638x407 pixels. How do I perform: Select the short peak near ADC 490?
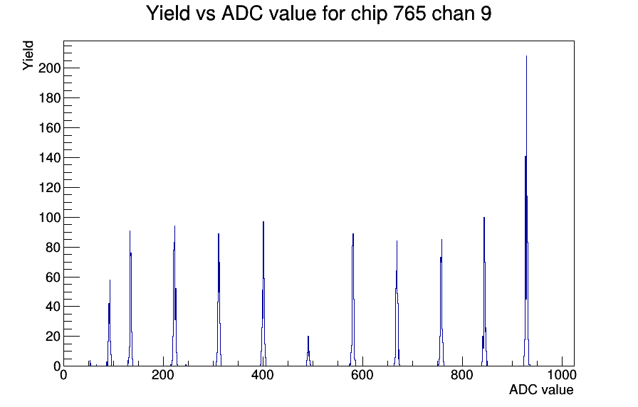(x=308, y=351)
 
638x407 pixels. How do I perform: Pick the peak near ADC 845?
(x=484, y=292)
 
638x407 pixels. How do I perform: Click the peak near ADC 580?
(x=352, y=300)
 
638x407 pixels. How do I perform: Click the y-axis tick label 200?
(x=49, y=68)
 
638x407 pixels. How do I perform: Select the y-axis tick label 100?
(x=49, y=218)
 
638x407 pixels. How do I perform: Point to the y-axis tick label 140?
(x=49, y=158)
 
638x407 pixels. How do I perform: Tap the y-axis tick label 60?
(x=53, y=277)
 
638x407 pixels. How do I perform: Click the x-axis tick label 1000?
(x=562, y=375)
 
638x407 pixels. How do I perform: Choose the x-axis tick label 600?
(x=362, y=375)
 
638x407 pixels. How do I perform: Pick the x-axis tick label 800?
(x=462, y=375)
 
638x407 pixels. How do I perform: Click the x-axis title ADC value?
(x=541, y=389)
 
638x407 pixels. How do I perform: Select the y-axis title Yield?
(x=28, y=55)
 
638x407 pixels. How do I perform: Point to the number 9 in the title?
(x=486, y=13)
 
